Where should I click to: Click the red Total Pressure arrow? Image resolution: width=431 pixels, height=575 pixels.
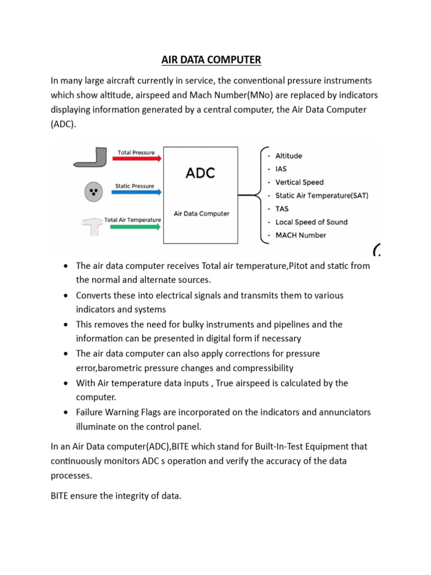tap(137, 159)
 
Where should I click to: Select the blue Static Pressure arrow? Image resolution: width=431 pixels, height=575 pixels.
tap(137, 192)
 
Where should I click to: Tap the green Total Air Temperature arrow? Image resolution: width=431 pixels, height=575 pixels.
tap(137, 226)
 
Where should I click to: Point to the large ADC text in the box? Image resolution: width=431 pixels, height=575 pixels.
tap(200, 174)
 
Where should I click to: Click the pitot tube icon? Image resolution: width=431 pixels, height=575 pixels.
tap(91, 158)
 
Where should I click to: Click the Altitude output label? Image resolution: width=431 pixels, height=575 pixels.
tap(288, 156)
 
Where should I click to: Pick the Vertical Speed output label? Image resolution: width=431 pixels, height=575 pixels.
tap(299, 182)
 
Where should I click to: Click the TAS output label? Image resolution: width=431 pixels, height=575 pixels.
tap(282, 209)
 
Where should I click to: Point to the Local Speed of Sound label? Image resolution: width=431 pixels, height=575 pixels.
tap(311, 222)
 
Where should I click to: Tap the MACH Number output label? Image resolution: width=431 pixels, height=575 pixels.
tap(301, 235)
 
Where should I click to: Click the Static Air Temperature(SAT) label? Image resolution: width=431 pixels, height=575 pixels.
tap(322, 195)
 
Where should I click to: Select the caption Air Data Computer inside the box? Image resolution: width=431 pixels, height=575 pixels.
tap(201, 213)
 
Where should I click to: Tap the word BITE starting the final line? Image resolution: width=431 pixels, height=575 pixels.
tap(61, 496)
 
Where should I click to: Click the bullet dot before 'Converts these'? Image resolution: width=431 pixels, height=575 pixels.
tap(66, 295)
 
